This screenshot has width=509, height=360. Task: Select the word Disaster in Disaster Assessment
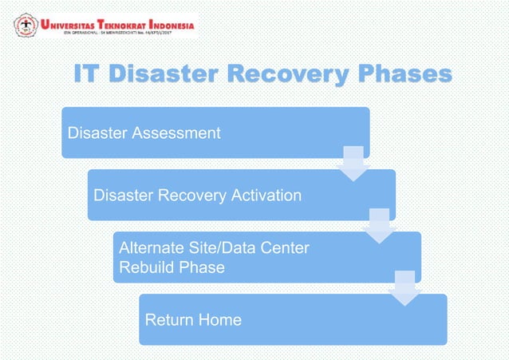click(97, 133)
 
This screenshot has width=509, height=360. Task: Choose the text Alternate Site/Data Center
click(214, 249)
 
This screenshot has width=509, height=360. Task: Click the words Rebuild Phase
click(172, 267)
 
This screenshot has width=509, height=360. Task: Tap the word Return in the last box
click(170, 320)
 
